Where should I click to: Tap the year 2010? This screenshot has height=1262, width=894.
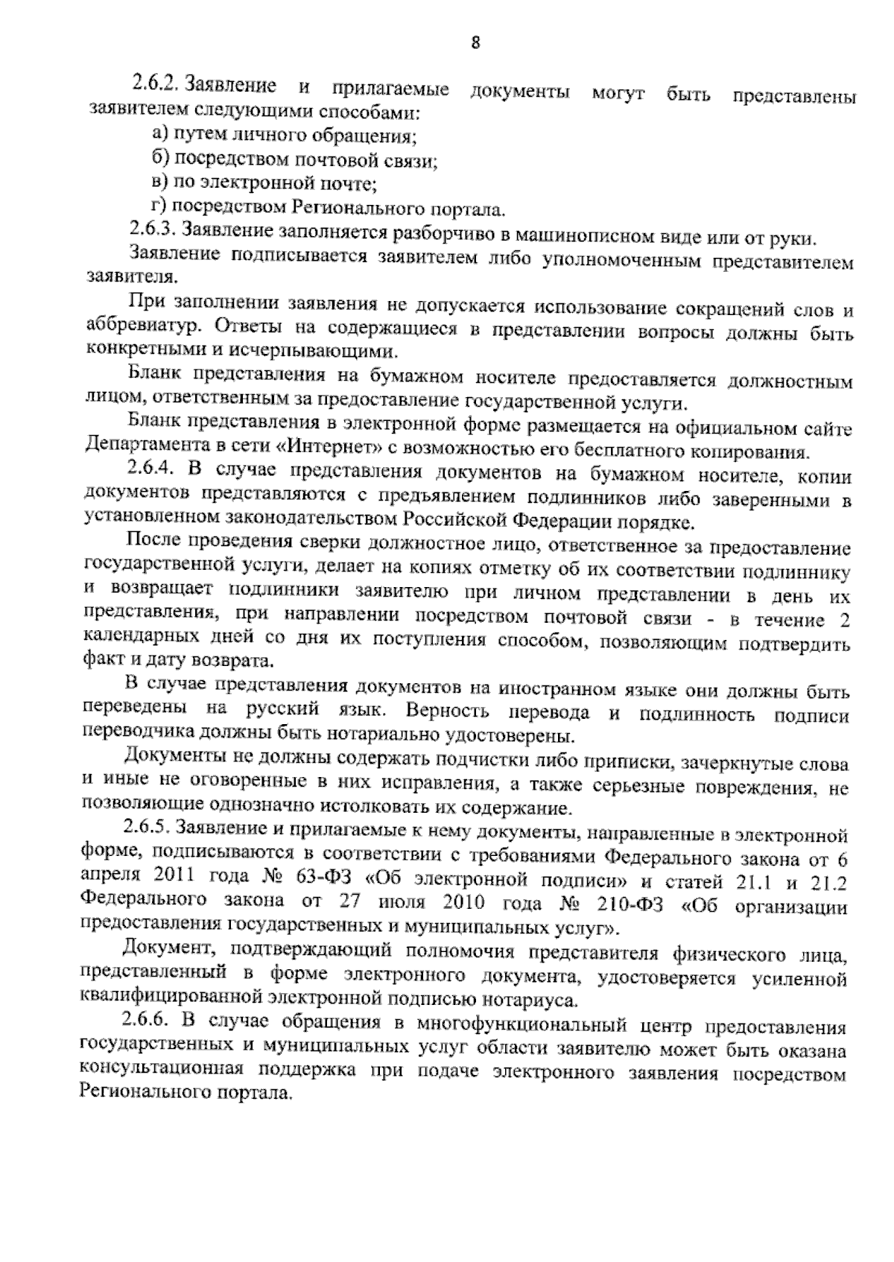pyautogui.click(x=464, y=903)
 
